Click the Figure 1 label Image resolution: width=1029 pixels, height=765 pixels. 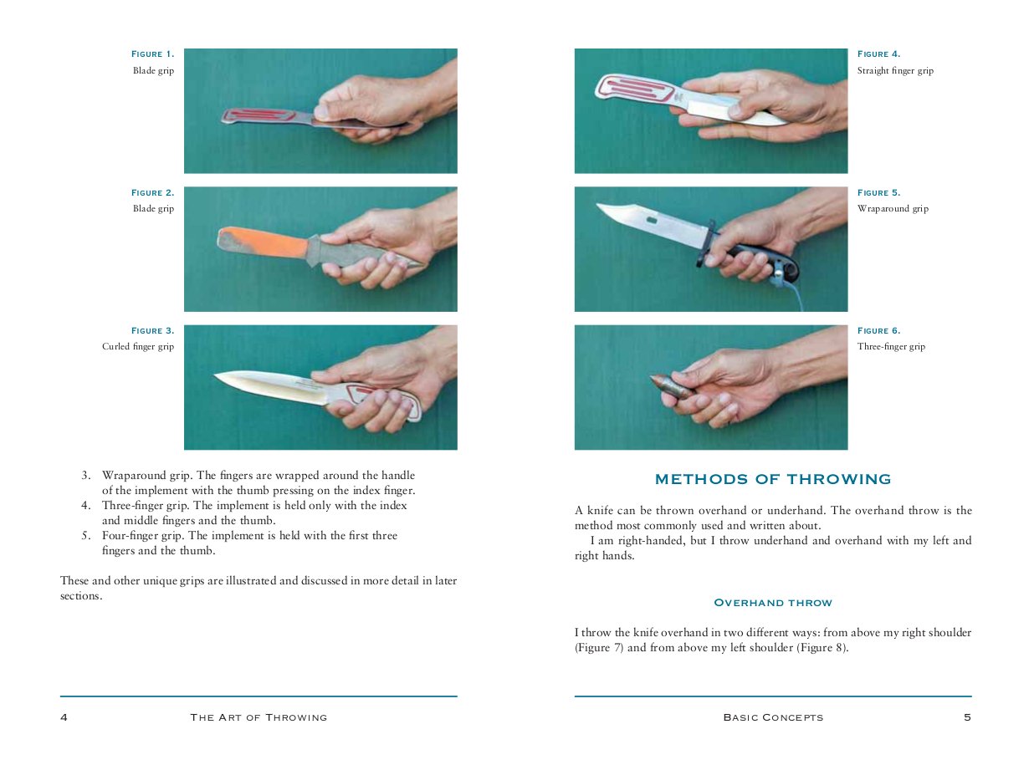(152, 54)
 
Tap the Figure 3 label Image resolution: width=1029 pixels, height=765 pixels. (152, 331)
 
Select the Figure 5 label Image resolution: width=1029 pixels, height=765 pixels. (878, 193)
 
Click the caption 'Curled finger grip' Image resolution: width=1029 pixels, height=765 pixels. (138, 347)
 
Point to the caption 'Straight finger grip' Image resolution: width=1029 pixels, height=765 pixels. (895, 71)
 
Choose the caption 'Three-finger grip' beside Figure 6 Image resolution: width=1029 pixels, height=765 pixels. (891, 347)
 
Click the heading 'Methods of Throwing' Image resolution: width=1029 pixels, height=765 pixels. (773, 480)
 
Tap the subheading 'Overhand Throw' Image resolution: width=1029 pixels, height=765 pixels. (773, 603)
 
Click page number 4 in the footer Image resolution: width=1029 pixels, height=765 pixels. (64, 717)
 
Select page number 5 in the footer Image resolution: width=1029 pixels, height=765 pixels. (967, 717)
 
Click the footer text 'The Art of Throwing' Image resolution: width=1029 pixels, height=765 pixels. (259, 717)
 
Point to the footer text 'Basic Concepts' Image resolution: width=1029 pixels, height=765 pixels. (773, 717)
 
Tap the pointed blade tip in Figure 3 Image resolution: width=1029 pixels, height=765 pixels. (219, 377)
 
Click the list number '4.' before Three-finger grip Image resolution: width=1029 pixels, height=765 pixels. (85, 506)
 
